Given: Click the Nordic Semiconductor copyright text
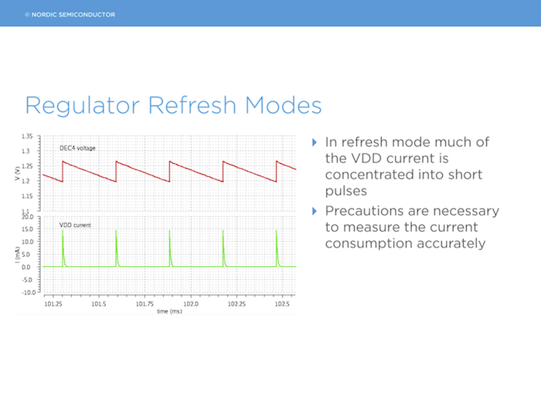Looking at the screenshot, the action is [x=70, y=15].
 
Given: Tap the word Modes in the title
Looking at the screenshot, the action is [x=284, y=105].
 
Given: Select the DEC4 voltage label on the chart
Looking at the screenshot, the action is [x=77, y=148].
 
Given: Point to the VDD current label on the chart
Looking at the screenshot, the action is [x=75, y=225].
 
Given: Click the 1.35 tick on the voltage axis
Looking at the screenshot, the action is [x=27, y=136].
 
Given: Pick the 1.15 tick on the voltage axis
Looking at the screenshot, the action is [x=27, y=196].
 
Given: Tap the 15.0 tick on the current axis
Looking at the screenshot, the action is [x=28, y=229].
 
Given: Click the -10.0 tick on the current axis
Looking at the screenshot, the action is [x=29, y=292].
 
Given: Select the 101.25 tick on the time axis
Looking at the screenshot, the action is [x=53, y=304].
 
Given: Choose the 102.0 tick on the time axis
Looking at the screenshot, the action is [x=190, y=304].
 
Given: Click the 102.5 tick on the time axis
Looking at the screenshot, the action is [x=282, y=304].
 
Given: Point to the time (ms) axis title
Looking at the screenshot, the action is [x=169, y=312].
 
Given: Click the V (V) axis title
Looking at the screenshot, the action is [x=17, y=174].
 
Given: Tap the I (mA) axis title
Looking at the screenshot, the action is [x=17, y=255].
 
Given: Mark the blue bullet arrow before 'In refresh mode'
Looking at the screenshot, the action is [x=315, y=142].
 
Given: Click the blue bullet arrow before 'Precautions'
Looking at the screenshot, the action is [x=315, y=211].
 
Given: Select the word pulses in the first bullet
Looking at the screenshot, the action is [x=346, y=192].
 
